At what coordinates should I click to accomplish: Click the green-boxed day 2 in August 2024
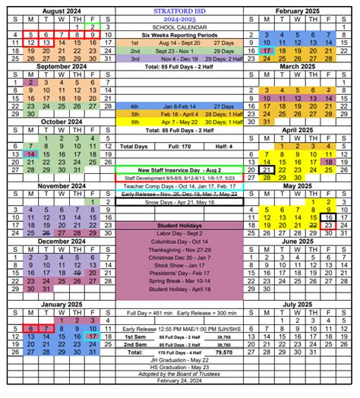(x=93, y=27)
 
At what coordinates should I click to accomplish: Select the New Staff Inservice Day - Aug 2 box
(x=179, y=169)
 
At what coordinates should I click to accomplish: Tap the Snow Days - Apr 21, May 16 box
(x=179, y=202)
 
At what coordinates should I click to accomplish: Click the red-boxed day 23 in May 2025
(x=329, y=226)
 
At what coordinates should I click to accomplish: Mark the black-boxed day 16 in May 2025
(x=329, y=215)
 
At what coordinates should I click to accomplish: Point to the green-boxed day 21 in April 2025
(x=266, y=171)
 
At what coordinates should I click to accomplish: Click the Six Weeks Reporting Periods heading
(x=179, y=35)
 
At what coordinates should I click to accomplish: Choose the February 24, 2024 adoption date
(x=179, y=391)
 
